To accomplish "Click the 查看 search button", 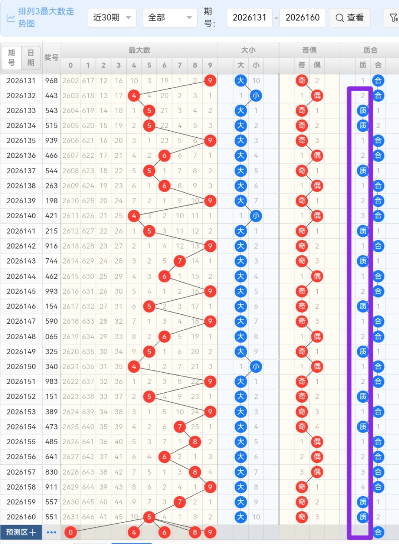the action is [350, 18].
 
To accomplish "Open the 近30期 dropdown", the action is [112, 18].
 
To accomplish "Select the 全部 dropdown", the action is [170, 18].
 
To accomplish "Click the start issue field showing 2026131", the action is [249, 18].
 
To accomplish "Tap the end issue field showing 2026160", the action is [303, 18].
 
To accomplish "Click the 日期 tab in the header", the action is [31, 58].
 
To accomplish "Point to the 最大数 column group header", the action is [139, 50].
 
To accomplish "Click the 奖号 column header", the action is [51, 58].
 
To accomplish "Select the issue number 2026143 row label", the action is [21, 261].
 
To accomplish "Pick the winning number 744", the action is [51, 261].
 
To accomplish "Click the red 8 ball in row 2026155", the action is [195, 442].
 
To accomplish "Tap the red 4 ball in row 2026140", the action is [134, 216].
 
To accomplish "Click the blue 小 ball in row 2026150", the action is [256, 367].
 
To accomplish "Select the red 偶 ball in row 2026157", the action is [317, 472].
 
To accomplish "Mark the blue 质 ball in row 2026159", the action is [363, 502].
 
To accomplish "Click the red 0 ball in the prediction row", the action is [70, 532].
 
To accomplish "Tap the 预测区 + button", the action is [21, 532].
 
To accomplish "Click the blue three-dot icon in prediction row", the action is [51, 532].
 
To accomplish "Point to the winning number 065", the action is [51, 337].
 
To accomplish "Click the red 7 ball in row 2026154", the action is [179, 427].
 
